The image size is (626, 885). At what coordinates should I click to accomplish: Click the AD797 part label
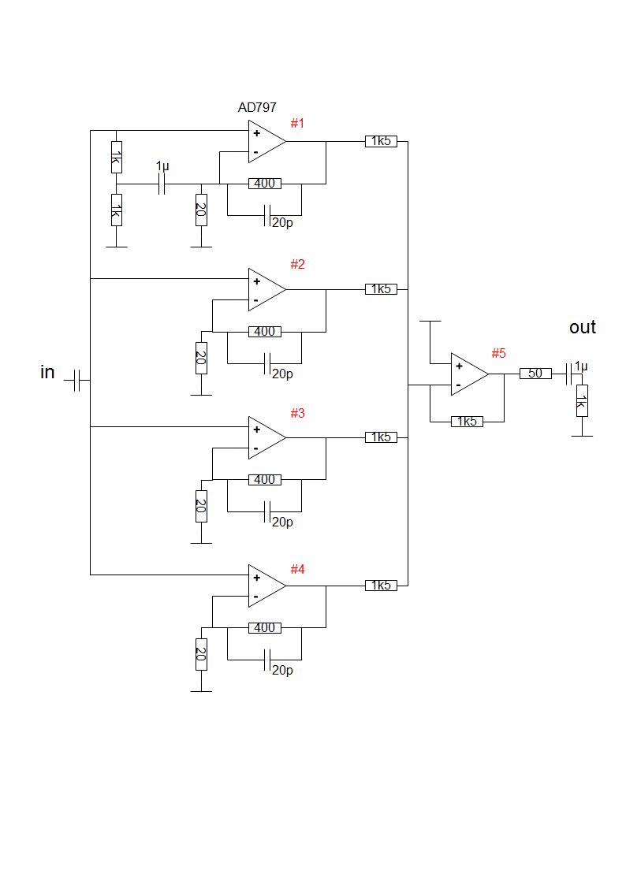257,107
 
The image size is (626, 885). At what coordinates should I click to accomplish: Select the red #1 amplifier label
297,123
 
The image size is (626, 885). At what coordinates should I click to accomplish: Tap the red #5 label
498,353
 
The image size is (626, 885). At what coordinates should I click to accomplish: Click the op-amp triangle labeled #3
267,437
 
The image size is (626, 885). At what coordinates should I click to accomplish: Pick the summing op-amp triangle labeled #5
470,374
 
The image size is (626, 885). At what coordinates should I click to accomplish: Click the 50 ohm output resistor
535,373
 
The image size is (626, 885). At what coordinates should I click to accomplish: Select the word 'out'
583,327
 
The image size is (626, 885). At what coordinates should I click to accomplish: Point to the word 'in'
47,372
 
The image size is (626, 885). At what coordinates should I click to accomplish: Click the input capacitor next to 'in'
77,381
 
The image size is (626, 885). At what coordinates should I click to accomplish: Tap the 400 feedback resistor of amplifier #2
265,331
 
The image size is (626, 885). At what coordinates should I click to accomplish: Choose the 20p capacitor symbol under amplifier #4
268,660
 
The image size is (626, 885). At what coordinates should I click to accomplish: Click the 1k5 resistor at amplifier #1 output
381,141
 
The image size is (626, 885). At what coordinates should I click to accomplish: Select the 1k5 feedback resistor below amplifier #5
467,421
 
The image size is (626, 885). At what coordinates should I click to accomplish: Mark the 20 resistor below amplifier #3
201,506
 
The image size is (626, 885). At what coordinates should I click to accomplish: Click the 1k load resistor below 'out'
582,401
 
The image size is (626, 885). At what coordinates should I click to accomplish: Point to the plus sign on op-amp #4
256,578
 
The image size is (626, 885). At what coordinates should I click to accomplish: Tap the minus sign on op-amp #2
255,300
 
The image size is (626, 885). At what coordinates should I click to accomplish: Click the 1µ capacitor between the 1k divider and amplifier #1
162,184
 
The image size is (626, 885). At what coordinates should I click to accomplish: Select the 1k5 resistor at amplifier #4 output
381,586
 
